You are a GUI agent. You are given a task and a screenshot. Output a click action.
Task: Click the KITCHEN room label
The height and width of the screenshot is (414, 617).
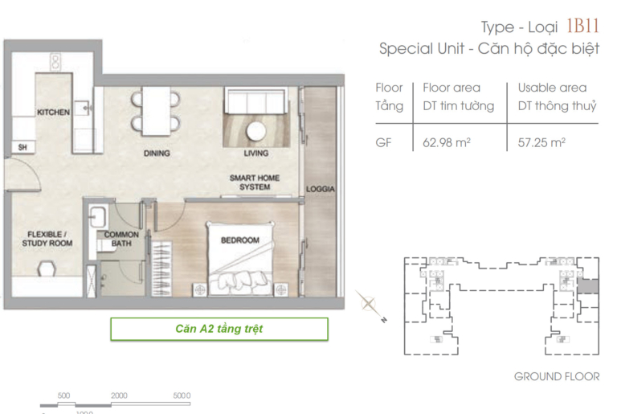click(x=53, y=113)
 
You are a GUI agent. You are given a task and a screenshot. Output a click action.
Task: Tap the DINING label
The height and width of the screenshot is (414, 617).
click(x=157, y=154)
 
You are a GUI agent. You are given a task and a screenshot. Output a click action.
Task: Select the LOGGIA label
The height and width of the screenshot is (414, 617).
click(x=321, y=189)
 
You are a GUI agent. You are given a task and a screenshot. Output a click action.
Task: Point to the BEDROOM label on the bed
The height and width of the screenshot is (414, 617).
click(x=240, y=240)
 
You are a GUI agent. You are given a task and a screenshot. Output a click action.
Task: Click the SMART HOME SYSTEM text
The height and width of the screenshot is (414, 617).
click(x=255, y=182)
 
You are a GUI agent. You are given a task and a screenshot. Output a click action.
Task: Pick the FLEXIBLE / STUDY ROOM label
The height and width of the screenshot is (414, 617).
click(x=47, y=239)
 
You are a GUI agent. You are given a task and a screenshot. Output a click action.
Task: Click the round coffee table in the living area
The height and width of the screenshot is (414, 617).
click(x=256, y=131)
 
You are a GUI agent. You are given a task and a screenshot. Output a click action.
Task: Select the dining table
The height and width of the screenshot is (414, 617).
click(x=156, y=111)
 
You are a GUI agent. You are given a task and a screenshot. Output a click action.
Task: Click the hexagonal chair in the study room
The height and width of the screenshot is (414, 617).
click(x=47, y=268)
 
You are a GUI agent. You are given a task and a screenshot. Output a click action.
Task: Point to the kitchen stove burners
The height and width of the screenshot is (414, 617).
click(x=55, y=62)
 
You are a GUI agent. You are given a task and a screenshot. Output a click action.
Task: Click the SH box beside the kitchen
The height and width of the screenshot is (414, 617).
click(x=22, y=147)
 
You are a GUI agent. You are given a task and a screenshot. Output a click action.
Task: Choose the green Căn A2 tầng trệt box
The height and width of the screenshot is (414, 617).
click(x=219, y=329)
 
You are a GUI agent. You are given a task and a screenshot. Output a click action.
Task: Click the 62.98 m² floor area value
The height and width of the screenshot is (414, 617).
click(x=447, y=142)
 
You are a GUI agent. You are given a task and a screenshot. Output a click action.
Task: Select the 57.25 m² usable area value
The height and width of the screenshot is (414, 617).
click(x=541, y=142)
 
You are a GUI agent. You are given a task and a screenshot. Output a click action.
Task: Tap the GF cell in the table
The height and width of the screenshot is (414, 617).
click(x=384, y=142)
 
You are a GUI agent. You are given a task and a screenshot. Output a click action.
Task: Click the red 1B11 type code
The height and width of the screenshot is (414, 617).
click(x=582, y=26)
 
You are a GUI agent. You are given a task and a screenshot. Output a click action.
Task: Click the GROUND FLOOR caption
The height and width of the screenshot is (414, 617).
click(x=557, y=376)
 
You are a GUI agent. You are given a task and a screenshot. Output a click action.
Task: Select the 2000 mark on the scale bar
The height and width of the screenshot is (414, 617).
click(x=119, y=396)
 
